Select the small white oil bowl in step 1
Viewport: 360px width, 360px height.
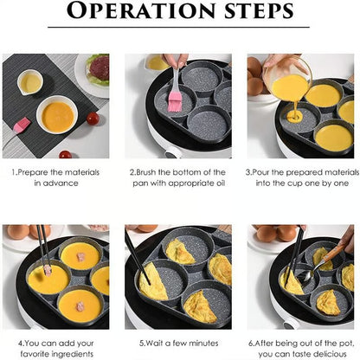pyautogui.click(x=30, y=83)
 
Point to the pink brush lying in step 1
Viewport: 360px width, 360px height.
pyautogui.click(x=20, y=125)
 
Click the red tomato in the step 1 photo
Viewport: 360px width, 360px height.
pyautogui.click(x=66, y=155)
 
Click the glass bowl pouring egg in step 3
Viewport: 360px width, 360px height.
pyautogui.click(x=290, y=83)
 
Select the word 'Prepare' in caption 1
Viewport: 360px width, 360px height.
pyautogui.click(x=36, y=171)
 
